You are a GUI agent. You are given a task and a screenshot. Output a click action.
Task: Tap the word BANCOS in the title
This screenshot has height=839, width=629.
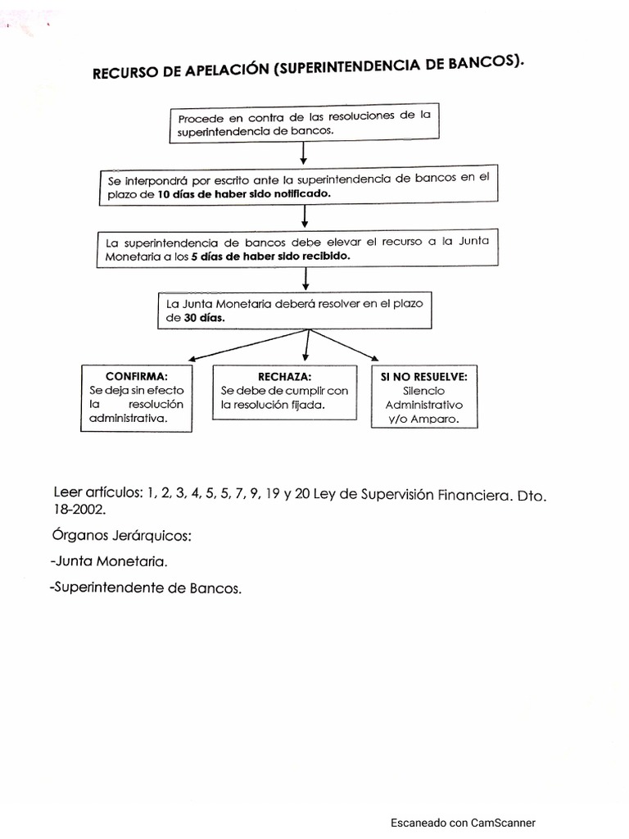click(x=482, y=65)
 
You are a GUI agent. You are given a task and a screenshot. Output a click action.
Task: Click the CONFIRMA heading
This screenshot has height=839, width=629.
click(x=137, y=376)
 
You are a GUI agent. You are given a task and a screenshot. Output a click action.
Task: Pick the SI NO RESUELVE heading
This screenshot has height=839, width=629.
click(x=424, y=376)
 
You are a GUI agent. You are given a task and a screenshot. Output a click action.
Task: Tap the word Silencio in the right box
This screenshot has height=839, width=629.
click(x=424, y=391)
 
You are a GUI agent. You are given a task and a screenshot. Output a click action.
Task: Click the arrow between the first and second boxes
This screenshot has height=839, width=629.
click(x=304, y=153)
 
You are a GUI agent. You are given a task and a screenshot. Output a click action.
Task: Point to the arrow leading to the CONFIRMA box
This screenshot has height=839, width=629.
click(x=246, y=346)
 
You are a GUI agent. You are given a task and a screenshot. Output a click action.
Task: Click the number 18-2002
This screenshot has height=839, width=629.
click(x=79, y=509)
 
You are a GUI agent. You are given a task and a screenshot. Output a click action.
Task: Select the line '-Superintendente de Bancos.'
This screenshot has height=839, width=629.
click(x=146, y=588)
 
